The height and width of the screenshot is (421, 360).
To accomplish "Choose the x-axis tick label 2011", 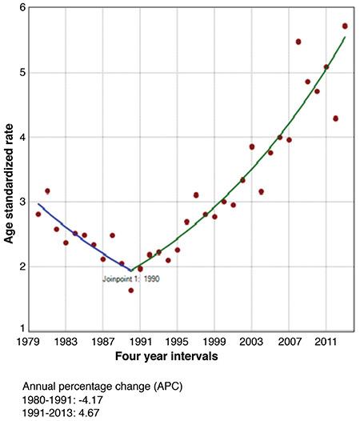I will (x=326, y=340).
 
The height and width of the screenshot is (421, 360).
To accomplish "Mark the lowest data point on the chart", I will (x=130, y=290).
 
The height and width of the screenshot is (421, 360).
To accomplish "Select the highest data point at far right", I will (x=345, y=26).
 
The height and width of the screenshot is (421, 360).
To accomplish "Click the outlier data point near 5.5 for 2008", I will (x=298, y=42).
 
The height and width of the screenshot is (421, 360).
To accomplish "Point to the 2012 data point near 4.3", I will (x=336, y=118).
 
